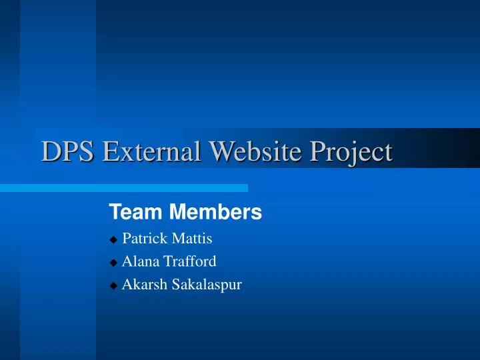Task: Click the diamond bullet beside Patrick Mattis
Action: (x=113, y=239)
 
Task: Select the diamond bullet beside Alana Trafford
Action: (x=113, y=263)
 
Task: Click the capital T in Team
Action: (x=114, y=213)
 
